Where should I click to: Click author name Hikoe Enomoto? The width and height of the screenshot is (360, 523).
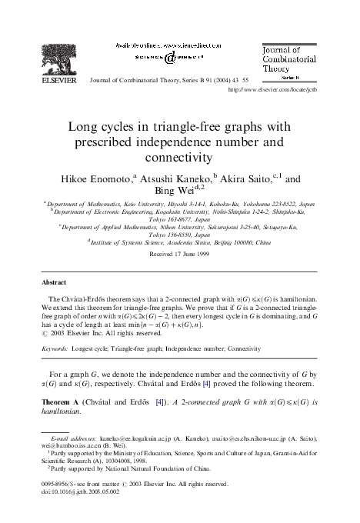coord(91,178)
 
